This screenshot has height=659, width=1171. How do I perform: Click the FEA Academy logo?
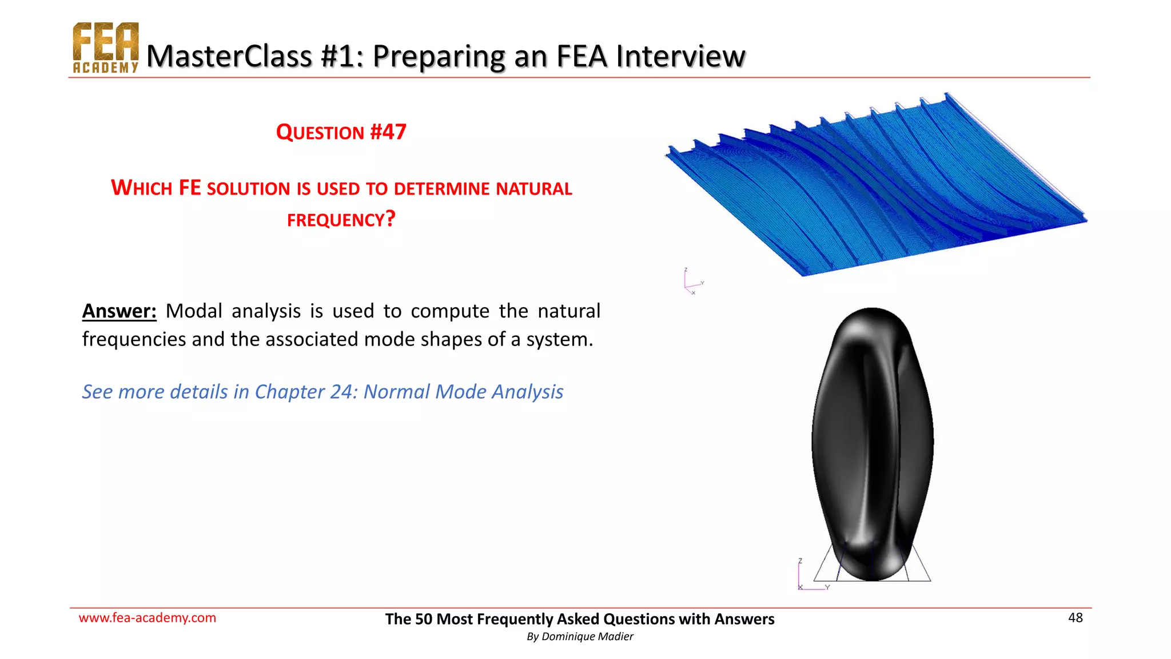106,48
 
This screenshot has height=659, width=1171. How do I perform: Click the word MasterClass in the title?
229,56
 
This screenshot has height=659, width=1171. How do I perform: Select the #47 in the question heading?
388,132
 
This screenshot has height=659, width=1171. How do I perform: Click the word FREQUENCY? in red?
341,220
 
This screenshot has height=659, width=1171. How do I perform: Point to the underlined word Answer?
119,311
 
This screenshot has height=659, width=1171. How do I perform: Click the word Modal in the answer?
194,311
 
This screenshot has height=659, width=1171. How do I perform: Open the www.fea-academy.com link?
148,618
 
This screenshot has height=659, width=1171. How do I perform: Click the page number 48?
1075,618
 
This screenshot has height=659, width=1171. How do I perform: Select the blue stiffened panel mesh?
875,189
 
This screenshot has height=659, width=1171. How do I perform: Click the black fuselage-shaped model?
872,440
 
